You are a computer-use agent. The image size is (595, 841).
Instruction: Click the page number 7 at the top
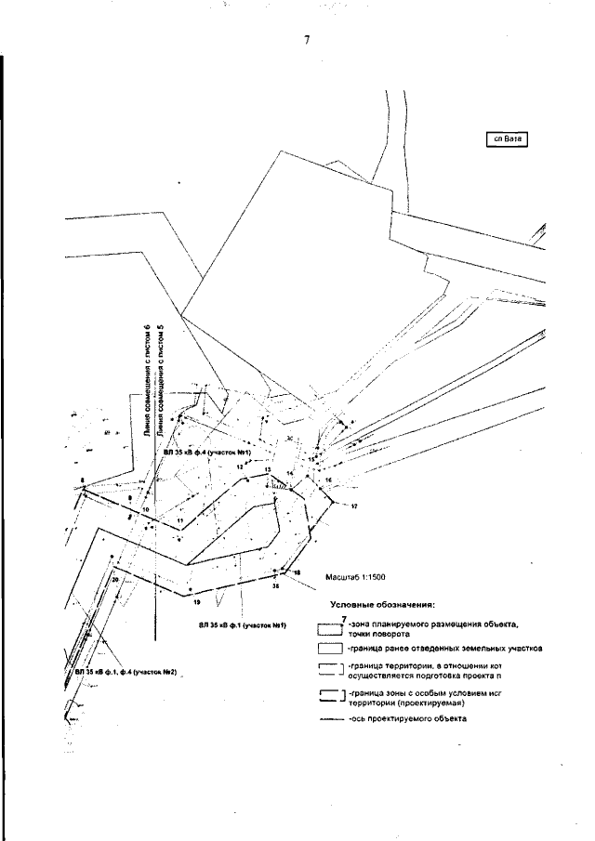(306, 40)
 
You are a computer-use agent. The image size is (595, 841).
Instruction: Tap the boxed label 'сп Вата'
(507, 140)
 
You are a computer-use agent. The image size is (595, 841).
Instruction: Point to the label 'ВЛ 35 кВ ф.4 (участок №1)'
(214, 452)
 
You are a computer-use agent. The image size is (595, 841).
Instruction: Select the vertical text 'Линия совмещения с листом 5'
(160, 381)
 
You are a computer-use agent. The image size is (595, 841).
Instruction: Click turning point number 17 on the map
(354, 506)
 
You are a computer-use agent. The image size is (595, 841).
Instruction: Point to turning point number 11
(179, 521)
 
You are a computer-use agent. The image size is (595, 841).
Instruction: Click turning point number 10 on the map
(145, 510)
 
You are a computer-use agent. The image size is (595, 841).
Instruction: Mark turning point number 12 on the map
(240, 466)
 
